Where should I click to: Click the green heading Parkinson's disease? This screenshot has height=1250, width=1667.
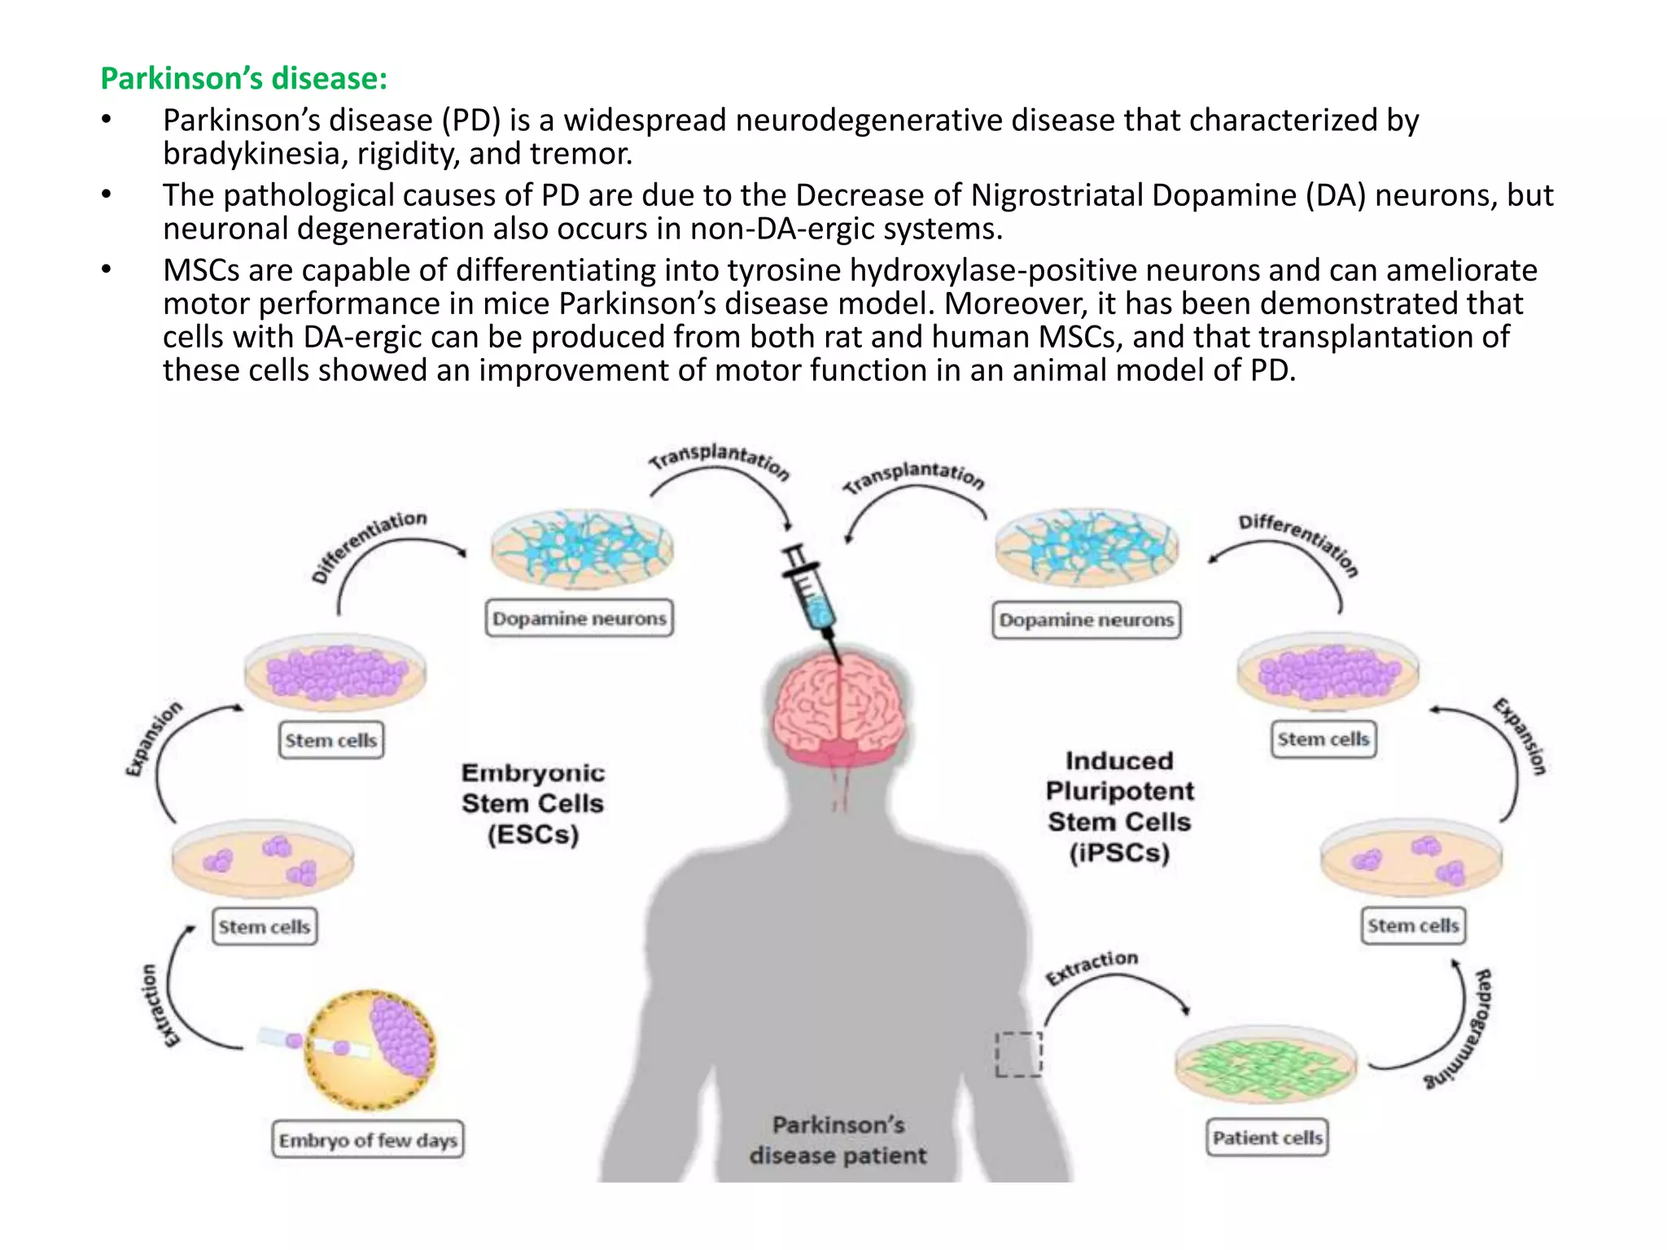(243, 79)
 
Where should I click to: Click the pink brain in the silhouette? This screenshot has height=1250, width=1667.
(839, 705)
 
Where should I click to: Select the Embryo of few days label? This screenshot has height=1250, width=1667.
(368, 1140)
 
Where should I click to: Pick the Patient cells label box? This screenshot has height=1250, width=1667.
(1267, 1138)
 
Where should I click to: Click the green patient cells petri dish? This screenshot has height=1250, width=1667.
(1266, 1064)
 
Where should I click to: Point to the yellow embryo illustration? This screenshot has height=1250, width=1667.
(370, 1049)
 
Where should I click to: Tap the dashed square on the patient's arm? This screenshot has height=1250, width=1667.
(1019, 1055)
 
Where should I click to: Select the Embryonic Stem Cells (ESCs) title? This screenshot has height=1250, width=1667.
(533, 803)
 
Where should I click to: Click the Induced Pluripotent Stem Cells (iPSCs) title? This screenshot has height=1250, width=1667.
(1119, 806)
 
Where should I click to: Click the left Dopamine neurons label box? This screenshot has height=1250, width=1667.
(580, 618)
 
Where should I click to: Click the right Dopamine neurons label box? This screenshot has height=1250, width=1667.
(1087, 620)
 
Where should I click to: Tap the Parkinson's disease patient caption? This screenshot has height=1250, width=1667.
(838, 1140)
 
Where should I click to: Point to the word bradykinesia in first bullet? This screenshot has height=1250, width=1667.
(251, 154)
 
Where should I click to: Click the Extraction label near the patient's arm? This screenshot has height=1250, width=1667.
(1092, 966)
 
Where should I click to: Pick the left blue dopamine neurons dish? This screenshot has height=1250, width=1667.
(581, 549)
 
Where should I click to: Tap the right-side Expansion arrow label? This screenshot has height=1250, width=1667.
(1520, 736)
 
